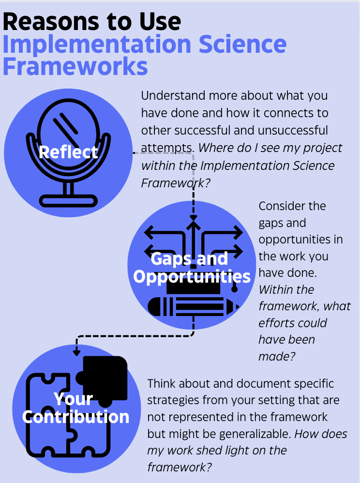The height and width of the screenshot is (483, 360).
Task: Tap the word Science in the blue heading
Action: (243, 45)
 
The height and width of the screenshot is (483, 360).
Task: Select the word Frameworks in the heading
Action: (75, 66)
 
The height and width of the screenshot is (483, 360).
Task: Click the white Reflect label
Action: (68, 152)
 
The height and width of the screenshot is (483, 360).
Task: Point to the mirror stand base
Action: (68, 201)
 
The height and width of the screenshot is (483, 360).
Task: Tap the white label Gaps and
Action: (189, 259)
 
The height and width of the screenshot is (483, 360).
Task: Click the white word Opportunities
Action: (192, 277)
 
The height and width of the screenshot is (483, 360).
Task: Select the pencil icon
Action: (194, 306)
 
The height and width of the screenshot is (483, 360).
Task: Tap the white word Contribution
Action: (76, 417)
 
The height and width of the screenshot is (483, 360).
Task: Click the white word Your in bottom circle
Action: (73, 399)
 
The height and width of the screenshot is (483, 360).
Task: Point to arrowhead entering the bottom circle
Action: (76, 353)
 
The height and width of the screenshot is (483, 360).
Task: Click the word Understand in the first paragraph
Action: (173, 96)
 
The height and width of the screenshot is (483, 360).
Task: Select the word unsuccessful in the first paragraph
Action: (293, 130)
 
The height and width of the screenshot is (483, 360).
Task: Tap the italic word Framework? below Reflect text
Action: (176, 183)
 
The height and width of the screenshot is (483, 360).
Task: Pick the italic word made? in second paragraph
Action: (277, 356)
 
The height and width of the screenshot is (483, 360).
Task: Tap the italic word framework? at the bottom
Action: (180, 467)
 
